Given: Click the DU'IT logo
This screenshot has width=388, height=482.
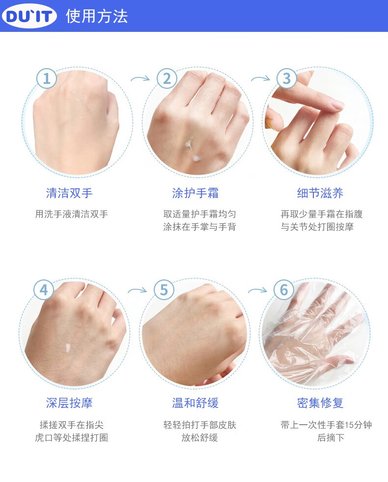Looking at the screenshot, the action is tap(29, 16).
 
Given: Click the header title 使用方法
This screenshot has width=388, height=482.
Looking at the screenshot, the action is tap(97, 16).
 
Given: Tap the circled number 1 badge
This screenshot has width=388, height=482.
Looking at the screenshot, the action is tap(47, 78).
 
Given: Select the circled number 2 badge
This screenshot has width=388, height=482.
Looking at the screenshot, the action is tap(167, 78).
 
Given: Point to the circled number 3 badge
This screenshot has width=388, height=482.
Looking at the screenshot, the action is tap(287, 78).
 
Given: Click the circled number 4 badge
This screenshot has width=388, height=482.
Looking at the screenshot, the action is tap(44, 290).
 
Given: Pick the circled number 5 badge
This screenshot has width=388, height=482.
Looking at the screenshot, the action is tap(164, 290).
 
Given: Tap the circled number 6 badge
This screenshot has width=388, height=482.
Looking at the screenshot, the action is tap(284, 290).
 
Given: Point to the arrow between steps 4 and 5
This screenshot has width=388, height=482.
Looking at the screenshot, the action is tap(138, 290).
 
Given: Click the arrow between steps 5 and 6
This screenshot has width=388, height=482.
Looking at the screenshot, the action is tap(257, 290).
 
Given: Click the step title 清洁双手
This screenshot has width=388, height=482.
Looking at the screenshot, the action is tap(69, 193).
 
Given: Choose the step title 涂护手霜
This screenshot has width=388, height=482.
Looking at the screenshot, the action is tap(195, 193).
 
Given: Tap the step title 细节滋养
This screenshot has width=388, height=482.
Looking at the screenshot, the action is tap(320, 193).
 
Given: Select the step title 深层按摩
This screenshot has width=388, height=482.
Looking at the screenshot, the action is tap(69, 403).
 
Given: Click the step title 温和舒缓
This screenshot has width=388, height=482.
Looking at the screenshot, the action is tap(195, 403).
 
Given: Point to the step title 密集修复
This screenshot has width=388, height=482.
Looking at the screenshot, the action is tap(320, 403).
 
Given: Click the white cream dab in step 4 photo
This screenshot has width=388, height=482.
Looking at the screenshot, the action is tap(68, 348).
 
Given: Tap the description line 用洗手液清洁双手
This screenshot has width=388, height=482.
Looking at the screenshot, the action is tap(71, 214).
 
